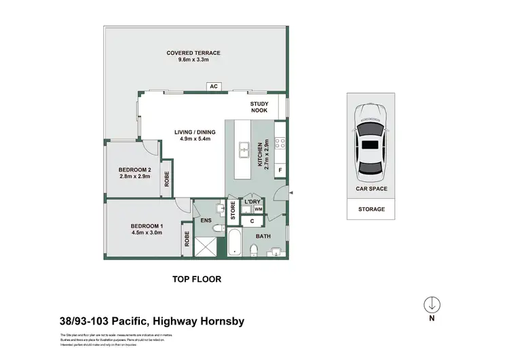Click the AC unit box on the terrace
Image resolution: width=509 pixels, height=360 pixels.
click(213, 86)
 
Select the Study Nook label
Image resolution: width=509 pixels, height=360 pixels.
click(259, 107)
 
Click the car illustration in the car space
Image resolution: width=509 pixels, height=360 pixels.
click(371, 143)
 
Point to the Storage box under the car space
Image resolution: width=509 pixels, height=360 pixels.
click(371, 209)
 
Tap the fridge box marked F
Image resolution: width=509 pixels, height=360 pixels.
click(280, 169)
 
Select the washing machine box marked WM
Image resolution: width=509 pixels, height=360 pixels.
click(259, 209)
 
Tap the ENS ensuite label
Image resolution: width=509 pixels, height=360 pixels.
click(206, 221)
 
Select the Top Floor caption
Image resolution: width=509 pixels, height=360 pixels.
click(196, 279)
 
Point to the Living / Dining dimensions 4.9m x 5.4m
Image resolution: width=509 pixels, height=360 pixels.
click(195, 139)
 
